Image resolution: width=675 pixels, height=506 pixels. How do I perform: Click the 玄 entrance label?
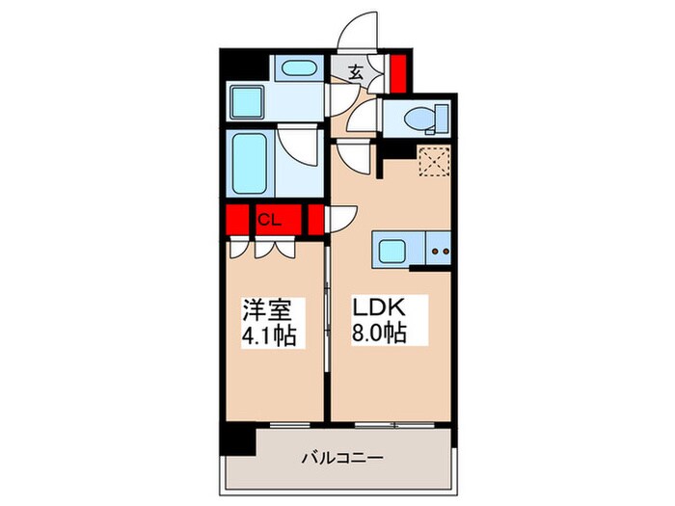(355, 71)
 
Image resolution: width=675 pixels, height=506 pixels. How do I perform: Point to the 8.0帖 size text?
(379, 336)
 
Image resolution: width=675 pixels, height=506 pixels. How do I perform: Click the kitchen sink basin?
(392, 253)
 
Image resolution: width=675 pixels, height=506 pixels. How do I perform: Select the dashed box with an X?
(434, 160)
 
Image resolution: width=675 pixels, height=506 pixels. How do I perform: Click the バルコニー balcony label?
(342, 458)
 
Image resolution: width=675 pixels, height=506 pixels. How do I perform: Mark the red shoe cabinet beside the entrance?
(397, 72)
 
